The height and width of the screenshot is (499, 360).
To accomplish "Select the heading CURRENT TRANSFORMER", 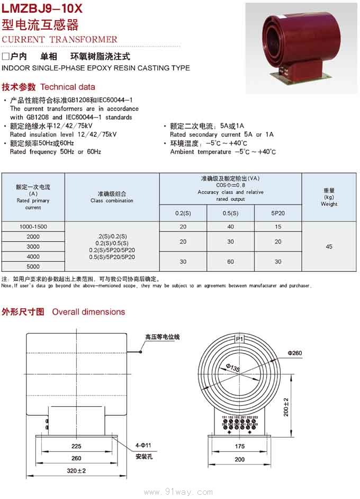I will pos(60,40).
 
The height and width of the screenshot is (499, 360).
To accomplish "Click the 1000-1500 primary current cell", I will pos(33,227).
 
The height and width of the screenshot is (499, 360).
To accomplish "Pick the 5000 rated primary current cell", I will pos(33,266).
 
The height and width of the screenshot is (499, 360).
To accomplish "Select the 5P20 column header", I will pos(278,213).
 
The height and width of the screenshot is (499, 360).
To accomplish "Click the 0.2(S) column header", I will pos(183,213).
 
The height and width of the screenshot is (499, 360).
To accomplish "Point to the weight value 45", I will pos(329,247).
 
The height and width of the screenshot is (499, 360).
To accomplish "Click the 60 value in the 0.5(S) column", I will pos(231,262).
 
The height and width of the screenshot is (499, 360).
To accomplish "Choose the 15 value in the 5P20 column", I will pos(278,227).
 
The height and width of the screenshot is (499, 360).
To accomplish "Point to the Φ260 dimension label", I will pos(295,353).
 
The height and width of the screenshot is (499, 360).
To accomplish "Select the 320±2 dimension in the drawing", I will pos(77,470).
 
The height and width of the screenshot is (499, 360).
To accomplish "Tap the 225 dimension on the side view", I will pos(76,447).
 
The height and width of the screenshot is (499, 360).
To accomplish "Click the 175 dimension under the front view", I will pos(239,447).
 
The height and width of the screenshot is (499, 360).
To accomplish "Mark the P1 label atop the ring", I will pos(239,338).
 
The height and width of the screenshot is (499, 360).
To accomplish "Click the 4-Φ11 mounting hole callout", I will pos(143,445).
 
